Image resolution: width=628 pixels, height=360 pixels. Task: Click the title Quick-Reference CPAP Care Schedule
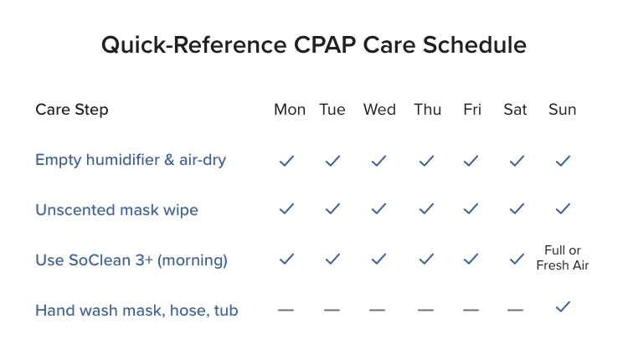(x=314, y=45)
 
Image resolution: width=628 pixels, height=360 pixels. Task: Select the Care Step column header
(x=72, y=110)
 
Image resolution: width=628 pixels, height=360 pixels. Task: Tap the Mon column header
(x=290, y=110)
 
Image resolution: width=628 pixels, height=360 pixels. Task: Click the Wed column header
(x=379, y=110)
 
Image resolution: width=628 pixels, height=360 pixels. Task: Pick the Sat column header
(x=516, y=110)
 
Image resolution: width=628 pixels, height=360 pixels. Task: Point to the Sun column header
(x=563, y=110)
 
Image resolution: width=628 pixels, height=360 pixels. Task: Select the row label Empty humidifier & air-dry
(x=131, y=159)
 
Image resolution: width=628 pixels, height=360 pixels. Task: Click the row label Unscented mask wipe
(x=116, y=209)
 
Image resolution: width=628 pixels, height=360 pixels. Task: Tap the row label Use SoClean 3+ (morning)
(x=131, y=260)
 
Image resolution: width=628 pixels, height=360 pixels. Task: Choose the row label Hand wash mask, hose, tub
(x=136, y=311)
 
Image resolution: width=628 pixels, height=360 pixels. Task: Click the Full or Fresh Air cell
(x=563, y=258)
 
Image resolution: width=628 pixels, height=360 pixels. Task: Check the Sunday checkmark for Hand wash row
(x=563, y=308)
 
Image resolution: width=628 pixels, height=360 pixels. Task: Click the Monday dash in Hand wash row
(x=286, y=311)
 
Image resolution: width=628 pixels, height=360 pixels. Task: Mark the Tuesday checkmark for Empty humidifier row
(x=332, y=160)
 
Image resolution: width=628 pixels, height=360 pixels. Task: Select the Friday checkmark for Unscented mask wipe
(x=471, y=208)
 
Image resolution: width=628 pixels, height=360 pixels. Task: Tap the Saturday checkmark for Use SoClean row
(x=517, y=260)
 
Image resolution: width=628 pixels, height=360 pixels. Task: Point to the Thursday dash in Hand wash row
(x=426, y=311)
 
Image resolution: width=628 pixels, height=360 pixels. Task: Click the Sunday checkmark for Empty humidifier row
(x=563, y=160)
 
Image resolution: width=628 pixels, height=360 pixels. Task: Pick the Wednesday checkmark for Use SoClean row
(x=378, y=260)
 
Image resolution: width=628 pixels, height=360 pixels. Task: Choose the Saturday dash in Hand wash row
(x=515, y=311)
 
